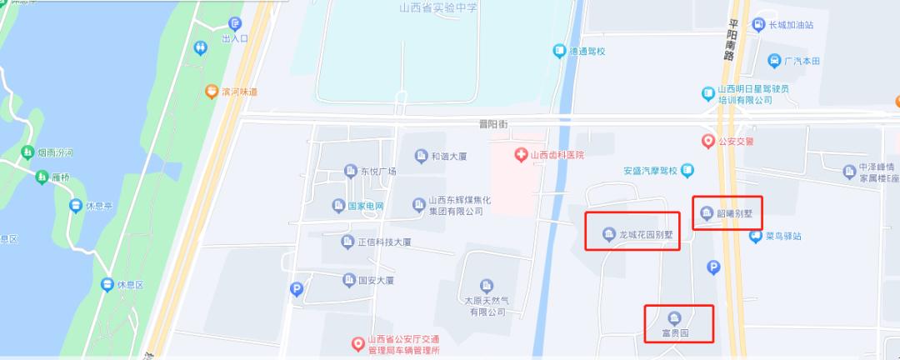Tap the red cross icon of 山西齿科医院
point(521,155)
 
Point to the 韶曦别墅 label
point(735,212)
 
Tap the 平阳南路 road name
point(732,41)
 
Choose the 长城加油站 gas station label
point(795,24)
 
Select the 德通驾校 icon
point(560,52)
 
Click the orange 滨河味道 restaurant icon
point(212,92)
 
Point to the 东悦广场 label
point(378,172)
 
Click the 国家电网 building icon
point(338,206)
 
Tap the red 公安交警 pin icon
point(708,141)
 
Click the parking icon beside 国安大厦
point(296,290)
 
